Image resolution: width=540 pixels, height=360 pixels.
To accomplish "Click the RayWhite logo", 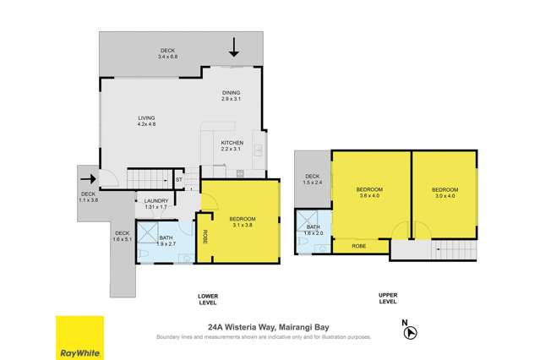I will (x=80, y=337).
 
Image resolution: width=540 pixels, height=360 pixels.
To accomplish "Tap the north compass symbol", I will (x=409, y=332).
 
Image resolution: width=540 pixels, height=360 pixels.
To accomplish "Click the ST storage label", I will (x=179, y=180).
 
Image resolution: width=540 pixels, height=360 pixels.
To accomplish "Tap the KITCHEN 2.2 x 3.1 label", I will (x=232, y=146).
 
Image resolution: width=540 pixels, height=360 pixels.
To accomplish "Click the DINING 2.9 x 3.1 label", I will (x=232, y=96).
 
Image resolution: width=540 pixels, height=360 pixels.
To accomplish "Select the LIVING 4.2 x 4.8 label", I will (x=149, y=122).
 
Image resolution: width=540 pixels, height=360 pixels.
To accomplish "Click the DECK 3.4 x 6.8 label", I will (x=167, y=54).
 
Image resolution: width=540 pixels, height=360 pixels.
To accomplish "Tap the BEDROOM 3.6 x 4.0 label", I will (x=369, y=192).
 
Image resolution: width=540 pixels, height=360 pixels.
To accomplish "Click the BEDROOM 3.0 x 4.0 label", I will (x=445, y=192).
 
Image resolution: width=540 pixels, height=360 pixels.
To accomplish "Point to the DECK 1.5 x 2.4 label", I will (x=313, y=180).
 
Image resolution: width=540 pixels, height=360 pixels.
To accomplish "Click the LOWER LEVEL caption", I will (x=208, y=297).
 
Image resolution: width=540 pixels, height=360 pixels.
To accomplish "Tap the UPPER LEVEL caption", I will (x=389, y=297).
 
